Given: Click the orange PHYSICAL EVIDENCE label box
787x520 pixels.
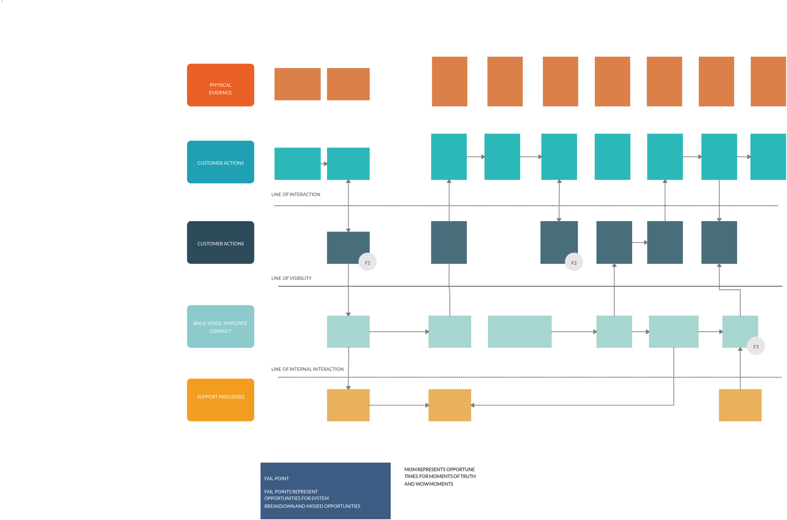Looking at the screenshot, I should tap(221, 85).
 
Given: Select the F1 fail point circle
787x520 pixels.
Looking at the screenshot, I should tap(367, 262).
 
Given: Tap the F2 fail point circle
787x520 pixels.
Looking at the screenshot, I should tap(574, 262).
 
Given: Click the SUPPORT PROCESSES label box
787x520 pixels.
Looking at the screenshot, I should tap(221, 400).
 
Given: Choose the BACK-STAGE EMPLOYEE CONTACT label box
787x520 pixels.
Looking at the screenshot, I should tap(221, 326).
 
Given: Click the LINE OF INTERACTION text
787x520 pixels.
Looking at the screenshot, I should tap(296, 194).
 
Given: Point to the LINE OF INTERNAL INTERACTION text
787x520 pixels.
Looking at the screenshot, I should tap(307, 369).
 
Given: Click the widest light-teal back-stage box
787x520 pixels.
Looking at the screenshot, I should tap(520, 332).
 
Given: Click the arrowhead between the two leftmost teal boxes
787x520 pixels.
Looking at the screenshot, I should tap(325, 163).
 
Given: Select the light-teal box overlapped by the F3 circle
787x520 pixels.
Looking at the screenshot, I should tap(738, 330).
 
